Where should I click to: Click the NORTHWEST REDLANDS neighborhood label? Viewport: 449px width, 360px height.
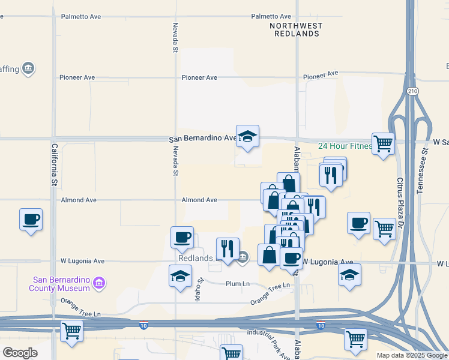[296, 30]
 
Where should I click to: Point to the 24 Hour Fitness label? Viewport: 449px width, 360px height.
[345, 146]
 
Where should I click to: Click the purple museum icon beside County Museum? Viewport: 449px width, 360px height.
[100, 283]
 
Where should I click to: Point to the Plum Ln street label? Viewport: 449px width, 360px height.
[237, 284]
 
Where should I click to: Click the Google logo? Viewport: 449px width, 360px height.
[20, 353]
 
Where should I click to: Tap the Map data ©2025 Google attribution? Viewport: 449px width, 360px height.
[412, 355]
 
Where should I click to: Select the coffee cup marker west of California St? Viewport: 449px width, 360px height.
[31, 220]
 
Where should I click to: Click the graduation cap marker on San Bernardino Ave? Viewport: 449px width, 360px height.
[247, 136]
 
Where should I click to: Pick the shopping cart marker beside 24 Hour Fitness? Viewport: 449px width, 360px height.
[383, 144]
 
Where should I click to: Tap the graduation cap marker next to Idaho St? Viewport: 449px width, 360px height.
[181, 276]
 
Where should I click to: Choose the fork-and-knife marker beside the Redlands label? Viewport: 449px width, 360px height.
[228, 248]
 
